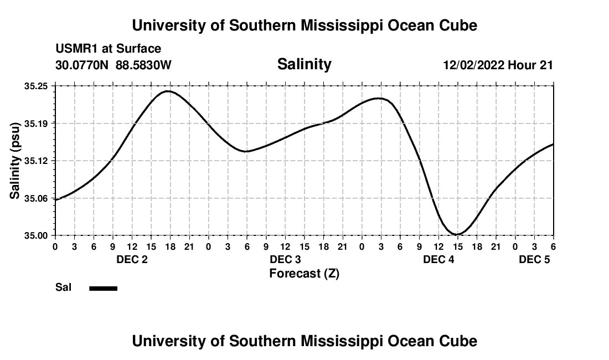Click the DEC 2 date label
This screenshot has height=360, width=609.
click(x=132, y=259)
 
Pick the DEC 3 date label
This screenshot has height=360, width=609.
click(x=285, y=259)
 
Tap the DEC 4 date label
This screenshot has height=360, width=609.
click(x=438, y=259)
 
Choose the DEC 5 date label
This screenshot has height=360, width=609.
click(x=534, y=259)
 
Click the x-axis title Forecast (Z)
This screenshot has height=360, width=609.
click(x=304, y=273)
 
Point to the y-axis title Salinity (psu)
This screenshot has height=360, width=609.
click(x=15, y=161)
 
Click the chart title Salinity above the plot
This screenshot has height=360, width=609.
click(x=304, y=64)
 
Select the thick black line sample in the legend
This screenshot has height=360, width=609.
click(x=103, y=288)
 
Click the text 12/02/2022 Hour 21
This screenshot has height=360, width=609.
click(x=498, y=65)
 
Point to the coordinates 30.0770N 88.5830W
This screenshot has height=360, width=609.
click(x=113, y=65)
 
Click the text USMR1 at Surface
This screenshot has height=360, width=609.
click(x=108, y=49)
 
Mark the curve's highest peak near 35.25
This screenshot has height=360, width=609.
click(x=168, y=91)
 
